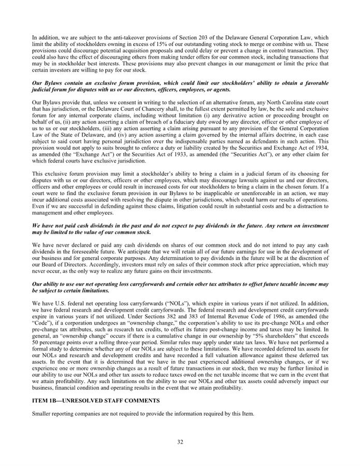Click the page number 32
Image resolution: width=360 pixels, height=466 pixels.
[180, 442]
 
